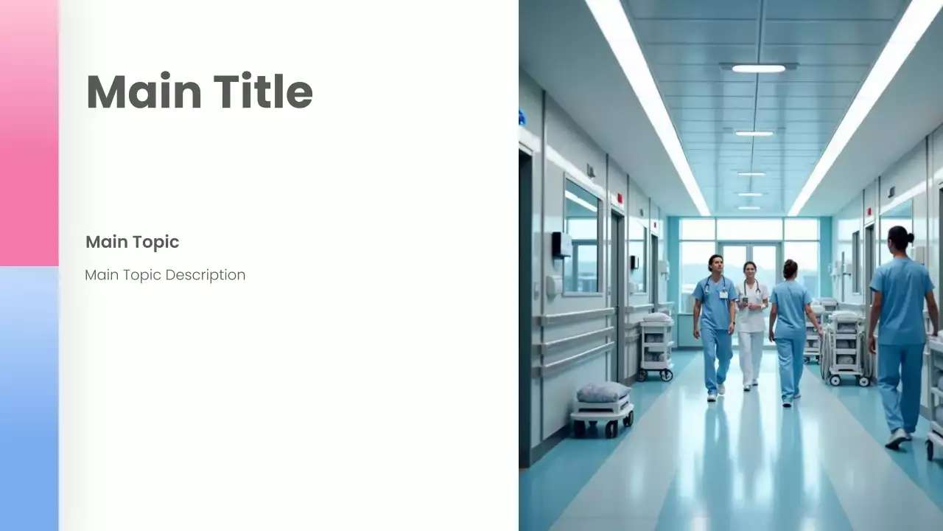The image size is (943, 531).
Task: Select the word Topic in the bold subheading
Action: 156,242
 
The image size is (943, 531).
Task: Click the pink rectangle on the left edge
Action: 29,133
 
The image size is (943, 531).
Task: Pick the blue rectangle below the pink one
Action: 29,398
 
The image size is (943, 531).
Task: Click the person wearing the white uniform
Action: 751,324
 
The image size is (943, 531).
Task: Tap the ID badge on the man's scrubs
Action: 723,294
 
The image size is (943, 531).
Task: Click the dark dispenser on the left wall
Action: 560,245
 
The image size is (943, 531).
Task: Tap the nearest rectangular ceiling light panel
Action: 758,68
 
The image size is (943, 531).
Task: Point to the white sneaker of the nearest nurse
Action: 897,438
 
